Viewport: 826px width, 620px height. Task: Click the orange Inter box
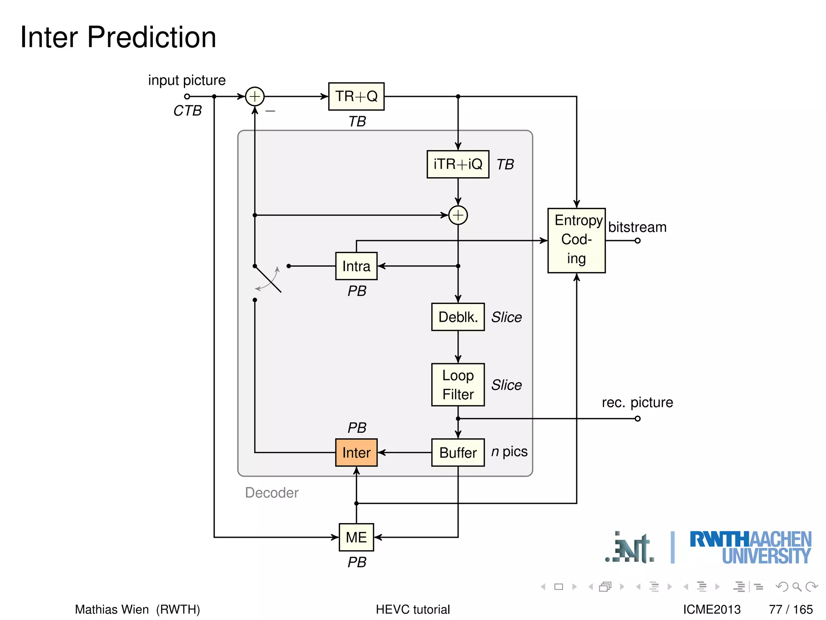point(356,452)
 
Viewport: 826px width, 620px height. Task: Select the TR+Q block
point(356,96)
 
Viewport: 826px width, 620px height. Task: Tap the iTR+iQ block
point(458,164)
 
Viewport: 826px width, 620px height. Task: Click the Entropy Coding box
point(576,240)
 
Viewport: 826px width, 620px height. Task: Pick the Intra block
point(356,266)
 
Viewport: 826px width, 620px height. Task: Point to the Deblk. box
point(458,317)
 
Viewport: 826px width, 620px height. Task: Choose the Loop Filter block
point(458,385)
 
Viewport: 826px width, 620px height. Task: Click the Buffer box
point(458,452)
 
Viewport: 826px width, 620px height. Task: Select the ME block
point(356,537)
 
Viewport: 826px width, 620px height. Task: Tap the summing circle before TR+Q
point(254,96)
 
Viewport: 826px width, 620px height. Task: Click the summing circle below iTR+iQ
point(458,215)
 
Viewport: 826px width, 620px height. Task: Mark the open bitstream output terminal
point(637,241)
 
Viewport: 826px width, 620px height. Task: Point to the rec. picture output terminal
point(637,419)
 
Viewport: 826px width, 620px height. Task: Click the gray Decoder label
point(271,492)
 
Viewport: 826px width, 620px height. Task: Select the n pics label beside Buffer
point(509,451)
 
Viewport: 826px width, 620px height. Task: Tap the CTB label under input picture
point(187,111)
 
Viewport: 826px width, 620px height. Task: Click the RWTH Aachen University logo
point(750,548)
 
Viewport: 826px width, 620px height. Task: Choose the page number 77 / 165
point(791,609)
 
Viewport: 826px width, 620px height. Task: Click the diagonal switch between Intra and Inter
point(268,279)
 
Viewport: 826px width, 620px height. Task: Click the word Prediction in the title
point(151,37)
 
